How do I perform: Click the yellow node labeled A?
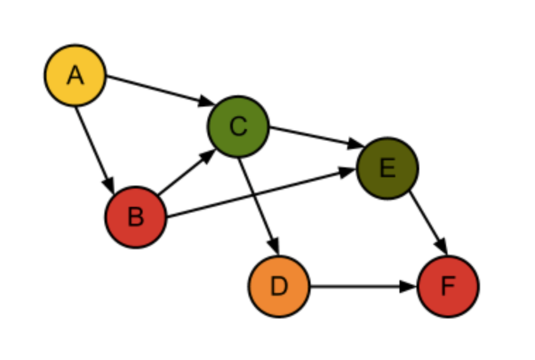click(x=76, y=75)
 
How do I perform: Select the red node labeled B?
click(x=136, y=217)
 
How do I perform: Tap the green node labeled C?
click(x=238, y=126)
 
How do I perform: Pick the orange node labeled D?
click(x=279, y=286)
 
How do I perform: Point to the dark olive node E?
click(x=387, y=168)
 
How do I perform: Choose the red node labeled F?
click(x=448, y=286)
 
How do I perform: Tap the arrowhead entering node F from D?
click(x=409, y=286)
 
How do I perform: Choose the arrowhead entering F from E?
click(x=442, y=247)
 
